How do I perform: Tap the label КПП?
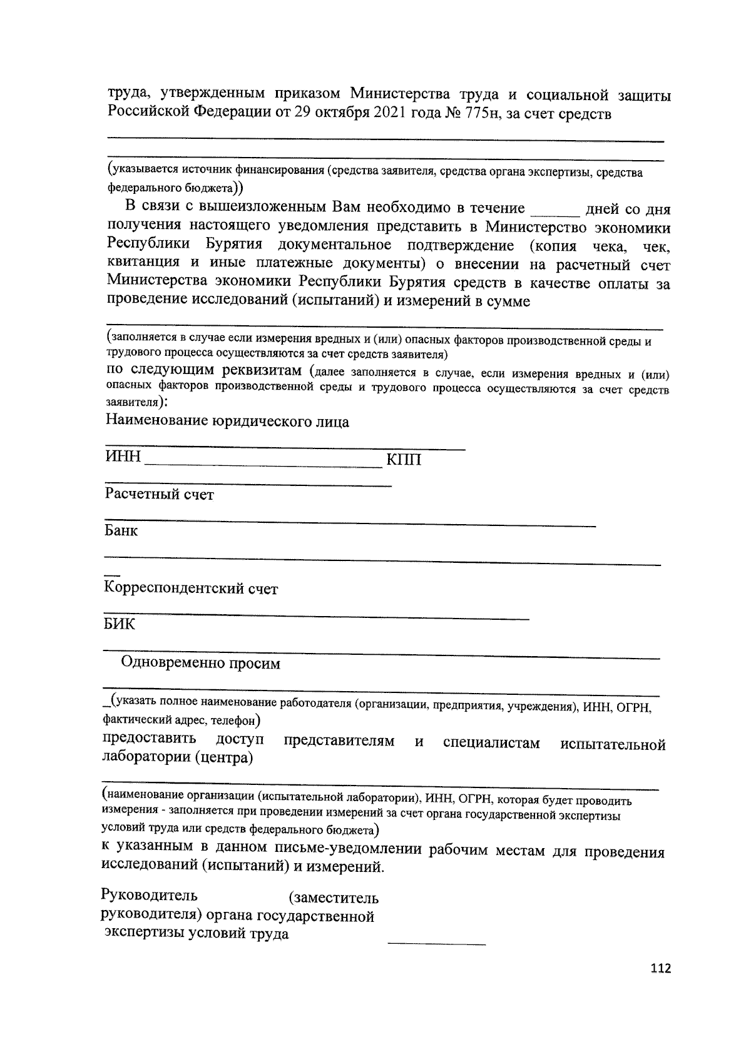coord(404,460)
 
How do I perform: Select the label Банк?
coord(121,531)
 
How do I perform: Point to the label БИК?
coord(119,624)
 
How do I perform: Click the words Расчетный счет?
coord(160,495)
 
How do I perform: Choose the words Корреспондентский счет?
coord(190,589)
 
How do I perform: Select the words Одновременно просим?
coord(201,664)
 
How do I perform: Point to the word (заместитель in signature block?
coord(333,899)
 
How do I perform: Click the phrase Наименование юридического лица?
coord(227,422)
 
